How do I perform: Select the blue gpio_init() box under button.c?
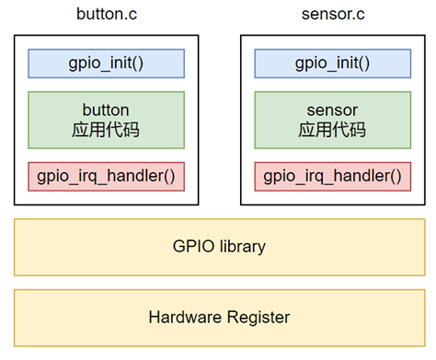pyautogui.click(x=106, y=64)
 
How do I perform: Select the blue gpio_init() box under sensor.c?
pyautogui.click(x=332, y=64)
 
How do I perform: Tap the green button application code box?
pyautogui.click(x=106, y=120)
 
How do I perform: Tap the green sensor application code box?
pyautogui.click(x=332, y=120)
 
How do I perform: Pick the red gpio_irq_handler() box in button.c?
pyautogui.click(x=106, y=175)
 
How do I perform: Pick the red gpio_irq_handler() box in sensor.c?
pyautogui.click(x=332, y=175)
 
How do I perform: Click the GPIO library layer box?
pyautogui.click(x=219, y=246)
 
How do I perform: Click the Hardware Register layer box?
pyautogui.click(x=219, y=317)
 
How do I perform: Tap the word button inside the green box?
pyautogui.click(x=106, y=110)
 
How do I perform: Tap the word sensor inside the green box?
pyautogui.click(x=332, y=110)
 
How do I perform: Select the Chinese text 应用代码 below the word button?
pyautogui.click(x=106, y=130)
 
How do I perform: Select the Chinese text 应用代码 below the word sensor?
pyautogui.click(x=332, y=130)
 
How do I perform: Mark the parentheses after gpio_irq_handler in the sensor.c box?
pyautogui.click(x=395, y=175)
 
